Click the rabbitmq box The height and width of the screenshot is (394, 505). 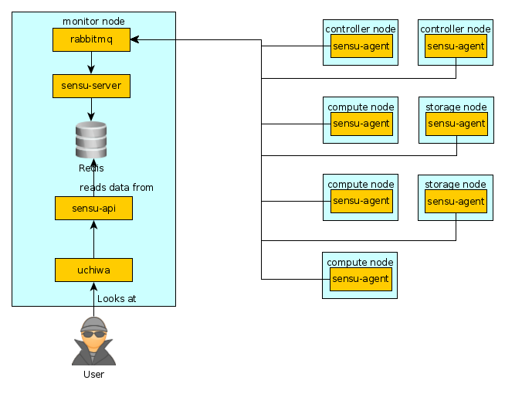(x=91, y=39)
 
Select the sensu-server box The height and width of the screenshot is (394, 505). (x=91, y=86)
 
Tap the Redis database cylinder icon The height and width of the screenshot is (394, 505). (x=91, y=140)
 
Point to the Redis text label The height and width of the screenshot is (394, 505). (x=91, y=168)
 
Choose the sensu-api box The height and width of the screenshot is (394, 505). (x=93, y=208)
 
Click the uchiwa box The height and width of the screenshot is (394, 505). (x=93, y=270)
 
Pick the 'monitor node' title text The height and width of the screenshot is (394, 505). (x=93, y=21)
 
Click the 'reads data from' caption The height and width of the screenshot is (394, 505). (x=117, y=188)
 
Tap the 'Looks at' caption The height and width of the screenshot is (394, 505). (x=117, y=298)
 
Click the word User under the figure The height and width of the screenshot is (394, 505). (x=93, y=375)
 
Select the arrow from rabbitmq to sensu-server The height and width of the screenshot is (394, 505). (x=91, y=63)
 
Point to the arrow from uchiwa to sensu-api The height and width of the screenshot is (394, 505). (x=93, y=239)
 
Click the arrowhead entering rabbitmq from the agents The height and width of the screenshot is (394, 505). (x=134, y=39)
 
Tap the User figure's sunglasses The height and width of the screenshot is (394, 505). (x=93, y=335)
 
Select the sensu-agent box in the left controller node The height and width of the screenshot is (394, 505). (x=361, y=46)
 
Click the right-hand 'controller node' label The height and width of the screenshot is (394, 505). (x=456, y=29)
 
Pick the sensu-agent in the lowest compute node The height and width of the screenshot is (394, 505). (x=361, y=279)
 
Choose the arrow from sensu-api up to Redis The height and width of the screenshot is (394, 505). (x=93, y=178)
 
